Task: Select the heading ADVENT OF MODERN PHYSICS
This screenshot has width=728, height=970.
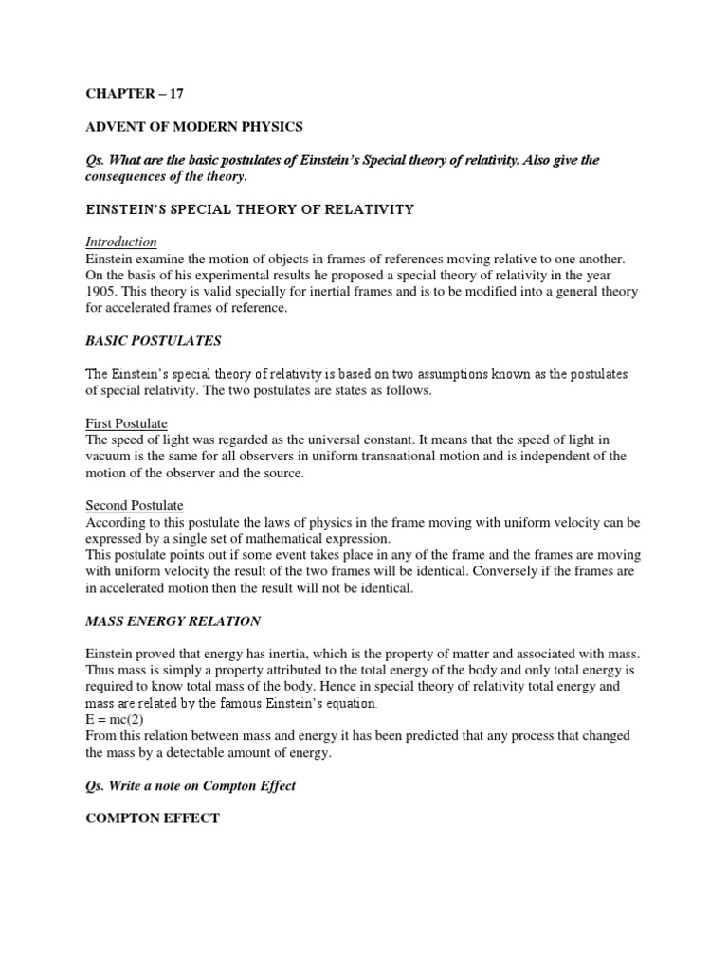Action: pos(195,128)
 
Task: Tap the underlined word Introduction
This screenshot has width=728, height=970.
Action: pos(121,242)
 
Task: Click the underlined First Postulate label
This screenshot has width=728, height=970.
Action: pos(127,423)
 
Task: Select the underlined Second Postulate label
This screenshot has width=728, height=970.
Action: pos(135,506)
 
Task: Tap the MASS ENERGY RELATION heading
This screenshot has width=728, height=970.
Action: pos(173,621)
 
